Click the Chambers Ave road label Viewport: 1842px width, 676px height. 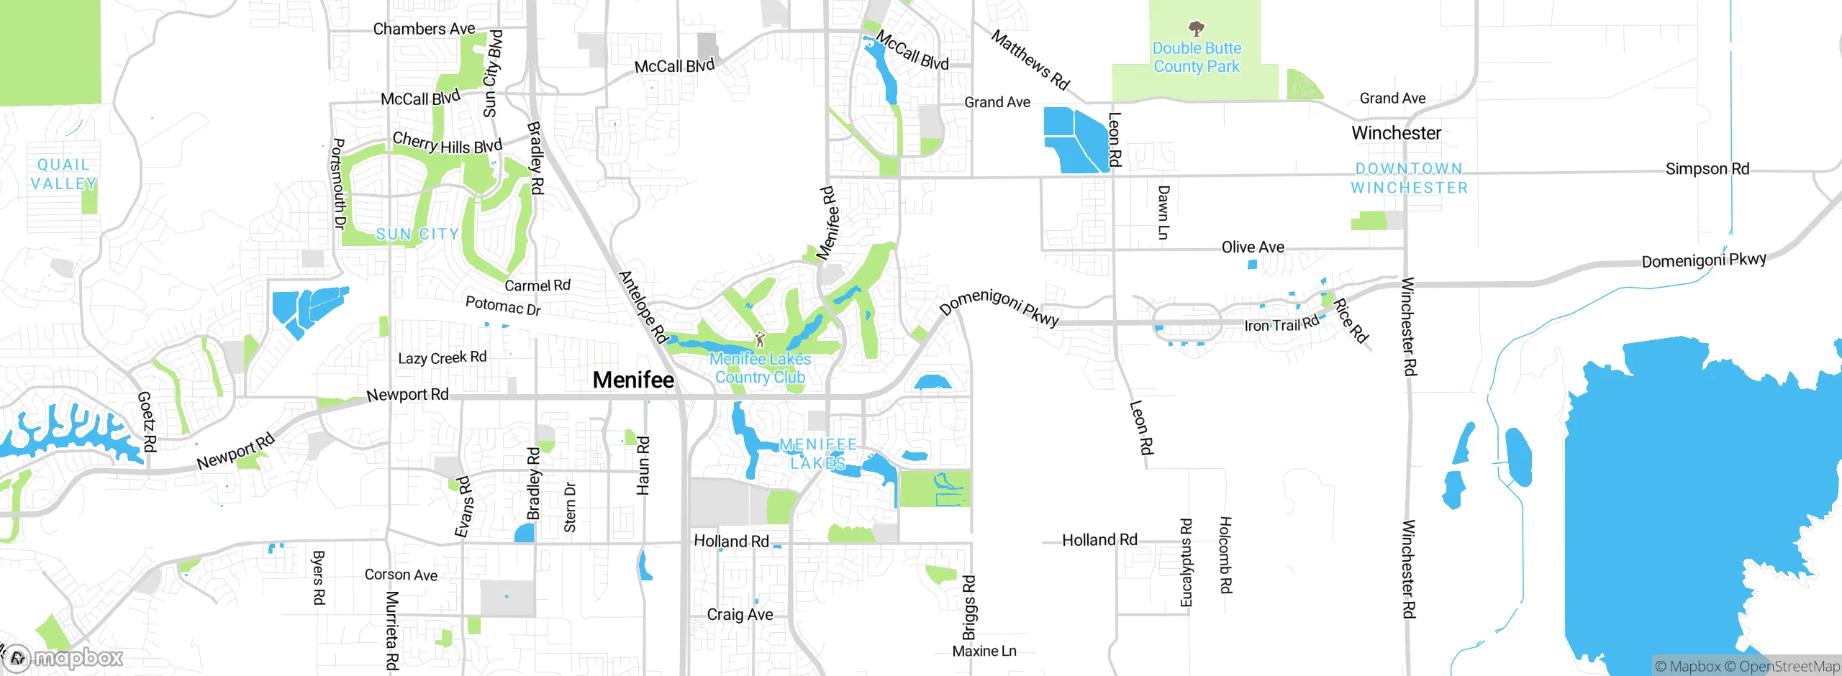[x=424, y=29]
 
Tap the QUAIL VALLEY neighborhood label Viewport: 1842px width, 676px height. [x=63, y=175]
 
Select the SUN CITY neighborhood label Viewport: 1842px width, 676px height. [x=417, y=234]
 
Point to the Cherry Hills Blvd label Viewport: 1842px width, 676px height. [x=447, y=143]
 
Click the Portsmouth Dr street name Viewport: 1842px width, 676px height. [x=337, y=183]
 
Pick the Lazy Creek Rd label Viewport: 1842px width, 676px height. [x=442, y=357]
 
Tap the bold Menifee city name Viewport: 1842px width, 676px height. [x=633, y=380]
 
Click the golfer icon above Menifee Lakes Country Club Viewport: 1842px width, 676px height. [x=760, y=339]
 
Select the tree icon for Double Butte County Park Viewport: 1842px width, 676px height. [x=1196, y=29]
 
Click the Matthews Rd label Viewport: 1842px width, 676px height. [x=1030, y=60]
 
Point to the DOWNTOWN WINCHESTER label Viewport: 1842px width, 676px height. [x=1409, y=178]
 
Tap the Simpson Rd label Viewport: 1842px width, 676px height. [x=1707, y=169]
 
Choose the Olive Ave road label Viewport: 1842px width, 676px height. [x=1253, y=247]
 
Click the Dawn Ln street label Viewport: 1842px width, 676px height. [x=1163, y=212]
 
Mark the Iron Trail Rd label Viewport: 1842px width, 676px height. [x=1281, y=324]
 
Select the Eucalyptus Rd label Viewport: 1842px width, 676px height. [x=1187, y=562]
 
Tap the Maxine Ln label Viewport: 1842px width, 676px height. [x=984, y=651]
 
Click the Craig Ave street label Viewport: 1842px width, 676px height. [x=740, y=614]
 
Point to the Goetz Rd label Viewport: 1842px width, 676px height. [x=147, y=421]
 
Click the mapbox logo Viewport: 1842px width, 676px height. [x=65, y=657]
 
